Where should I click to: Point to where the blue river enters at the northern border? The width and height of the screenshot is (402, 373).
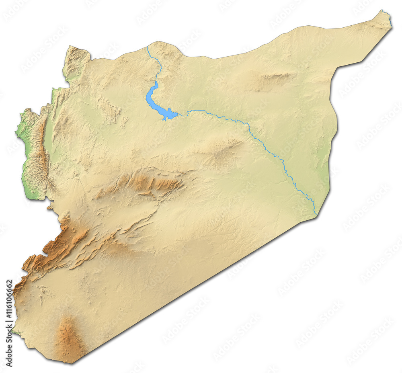pyautogui.click(x=147, y=47)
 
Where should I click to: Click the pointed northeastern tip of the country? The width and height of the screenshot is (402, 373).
pyautogui.click(x=388, y=13)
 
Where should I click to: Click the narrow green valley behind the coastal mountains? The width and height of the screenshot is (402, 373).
pyautogui.click(x=48, y=137)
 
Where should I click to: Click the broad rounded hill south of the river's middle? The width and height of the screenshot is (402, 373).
pyautogui.click(x=219, y=151)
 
